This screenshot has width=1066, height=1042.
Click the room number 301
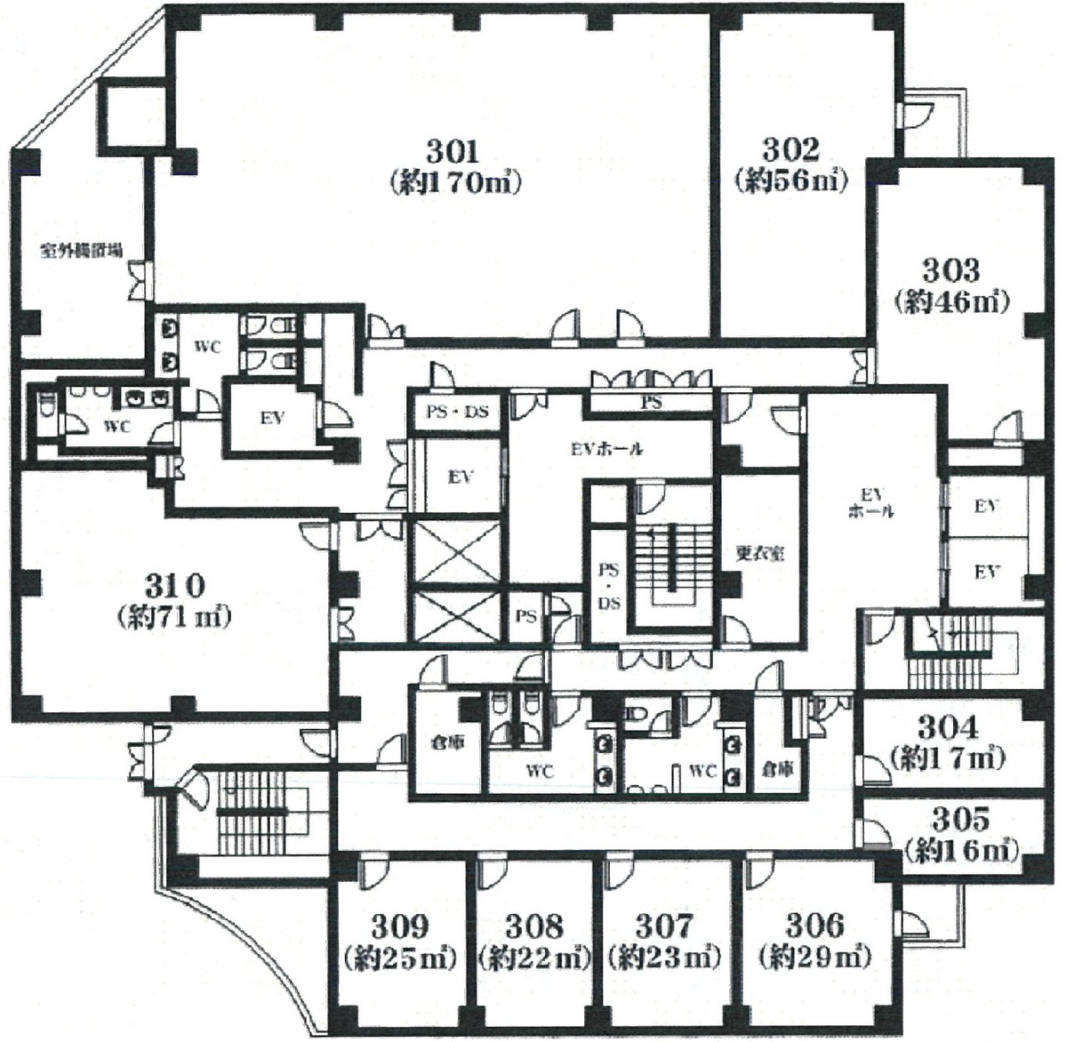point(453,150)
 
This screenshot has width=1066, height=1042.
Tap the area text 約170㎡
point(454,182)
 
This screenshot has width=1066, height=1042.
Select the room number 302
point(790,149)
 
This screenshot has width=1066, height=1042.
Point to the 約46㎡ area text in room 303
point(951,301)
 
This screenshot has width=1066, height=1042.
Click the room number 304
point(948,727)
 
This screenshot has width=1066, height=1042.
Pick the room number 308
point(533,926)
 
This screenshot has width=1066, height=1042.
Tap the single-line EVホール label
point(606,449)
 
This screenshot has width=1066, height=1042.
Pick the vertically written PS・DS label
point(609,587)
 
